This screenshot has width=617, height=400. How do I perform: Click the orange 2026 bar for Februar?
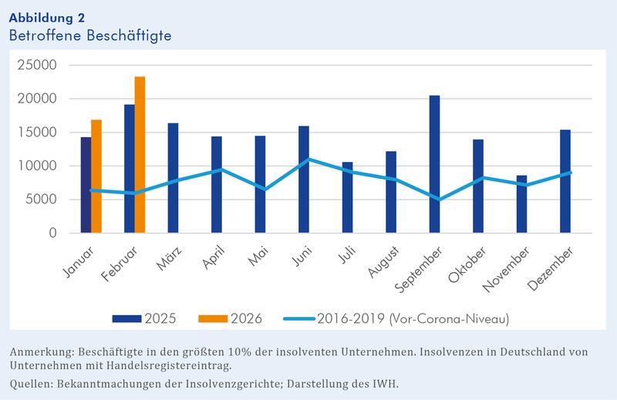point(140,154)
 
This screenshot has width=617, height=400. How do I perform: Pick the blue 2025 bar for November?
point(522,203)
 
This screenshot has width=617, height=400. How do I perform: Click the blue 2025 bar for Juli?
point(348,197)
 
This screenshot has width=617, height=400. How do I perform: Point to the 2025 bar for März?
point(174,177)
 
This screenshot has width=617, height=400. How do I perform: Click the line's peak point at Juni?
point(304,159)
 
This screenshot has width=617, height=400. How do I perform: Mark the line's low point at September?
point(435,199)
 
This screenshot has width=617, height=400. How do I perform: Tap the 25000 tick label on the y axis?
point(36,66)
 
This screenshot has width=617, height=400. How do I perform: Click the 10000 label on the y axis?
point(36,166)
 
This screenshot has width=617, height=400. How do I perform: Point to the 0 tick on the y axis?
point(51,233)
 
